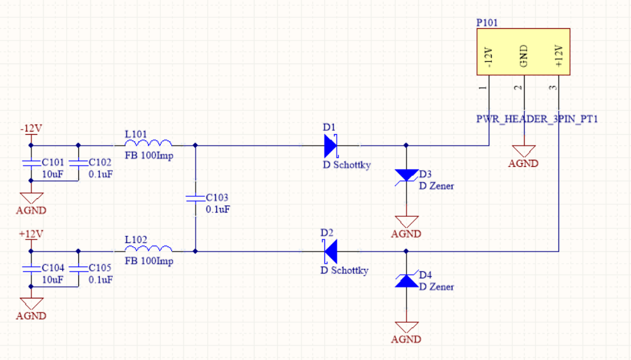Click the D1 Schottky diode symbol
[x=330, y=146]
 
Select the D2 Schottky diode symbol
[x=330, y=251]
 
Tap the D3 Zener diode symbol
[x=406, y=175]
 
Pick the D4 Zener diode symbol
[x=406, y=280]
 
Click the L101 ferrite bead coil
[x=148, y=144]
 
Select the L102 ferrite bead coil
[x=148, y=248]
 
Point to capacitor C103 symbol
[x=194, y=199]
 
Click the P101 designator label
[x=487, y=22]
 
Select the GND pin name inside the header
[x=524, y=56]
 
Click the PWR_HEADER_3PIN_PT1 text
[x=537, y=119]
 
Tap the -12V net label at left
[x=31, y=128]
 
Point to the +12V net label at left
[x=31, y=234]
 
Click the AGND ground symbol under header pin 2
[x=524, y=151]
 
